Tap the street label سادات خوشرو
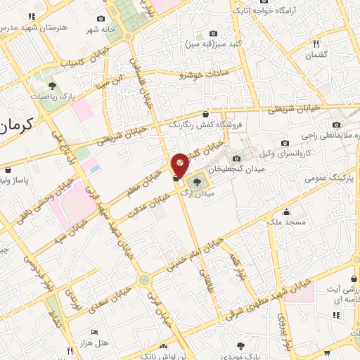[200, 73]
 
